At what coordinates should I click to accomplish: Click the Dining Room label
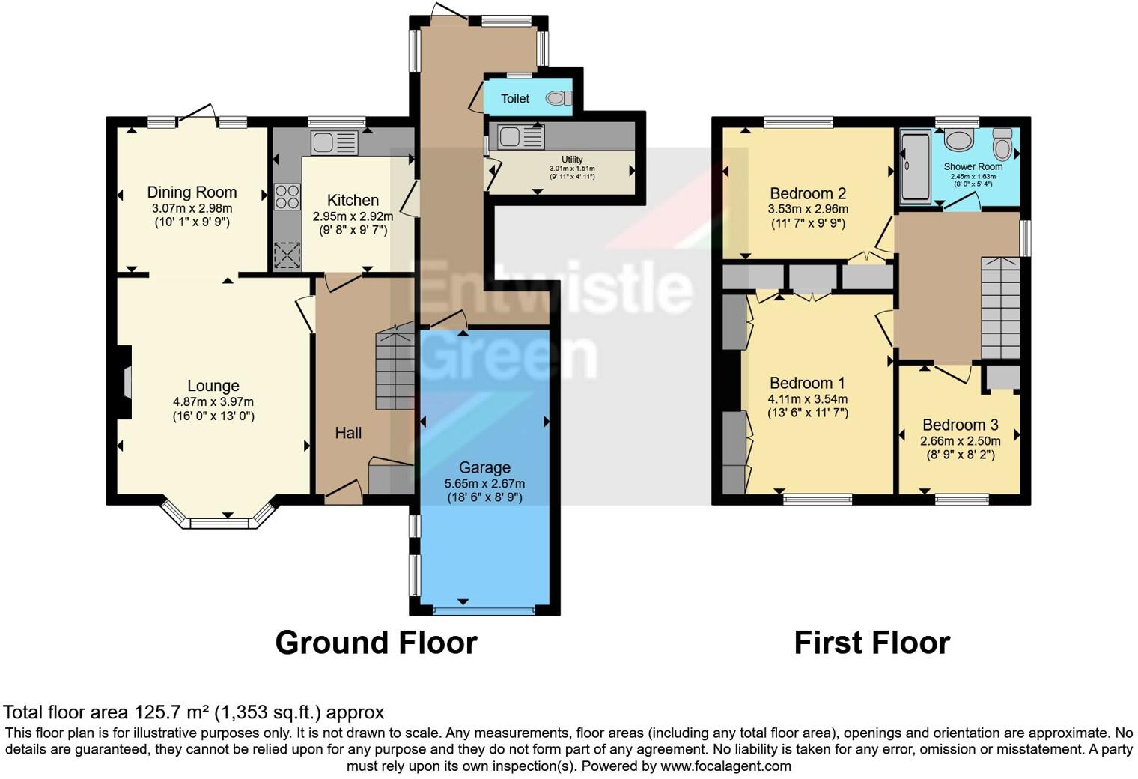click(192, 193)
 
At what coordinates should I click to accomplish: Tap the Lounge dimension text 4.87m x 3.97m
click(213, 402)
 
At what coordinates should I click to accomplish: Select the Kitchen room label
click(353, 200)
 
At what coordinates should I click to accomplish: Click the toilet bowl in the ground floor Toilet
click(557, 98)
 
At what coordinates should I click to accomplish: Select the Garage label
click(484, 467)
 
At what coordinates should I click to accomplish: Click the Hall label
click(348, 433)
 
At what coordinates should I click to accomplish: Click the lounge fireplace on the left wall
click(125, 382)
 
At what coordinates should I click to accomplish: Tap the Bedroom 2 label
click(808, 193)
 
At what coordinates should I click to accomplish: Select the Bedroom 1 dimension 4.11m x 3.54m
click(808, 399)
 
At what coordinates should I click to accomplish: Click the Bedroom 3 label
click(960, 425)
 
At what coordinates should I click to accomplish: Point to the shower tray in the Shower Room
click(915, 167)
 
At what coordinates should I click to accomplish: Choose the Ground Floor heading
click(376, 643)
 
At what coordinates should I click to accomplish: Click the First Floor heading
click(871, 643)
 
